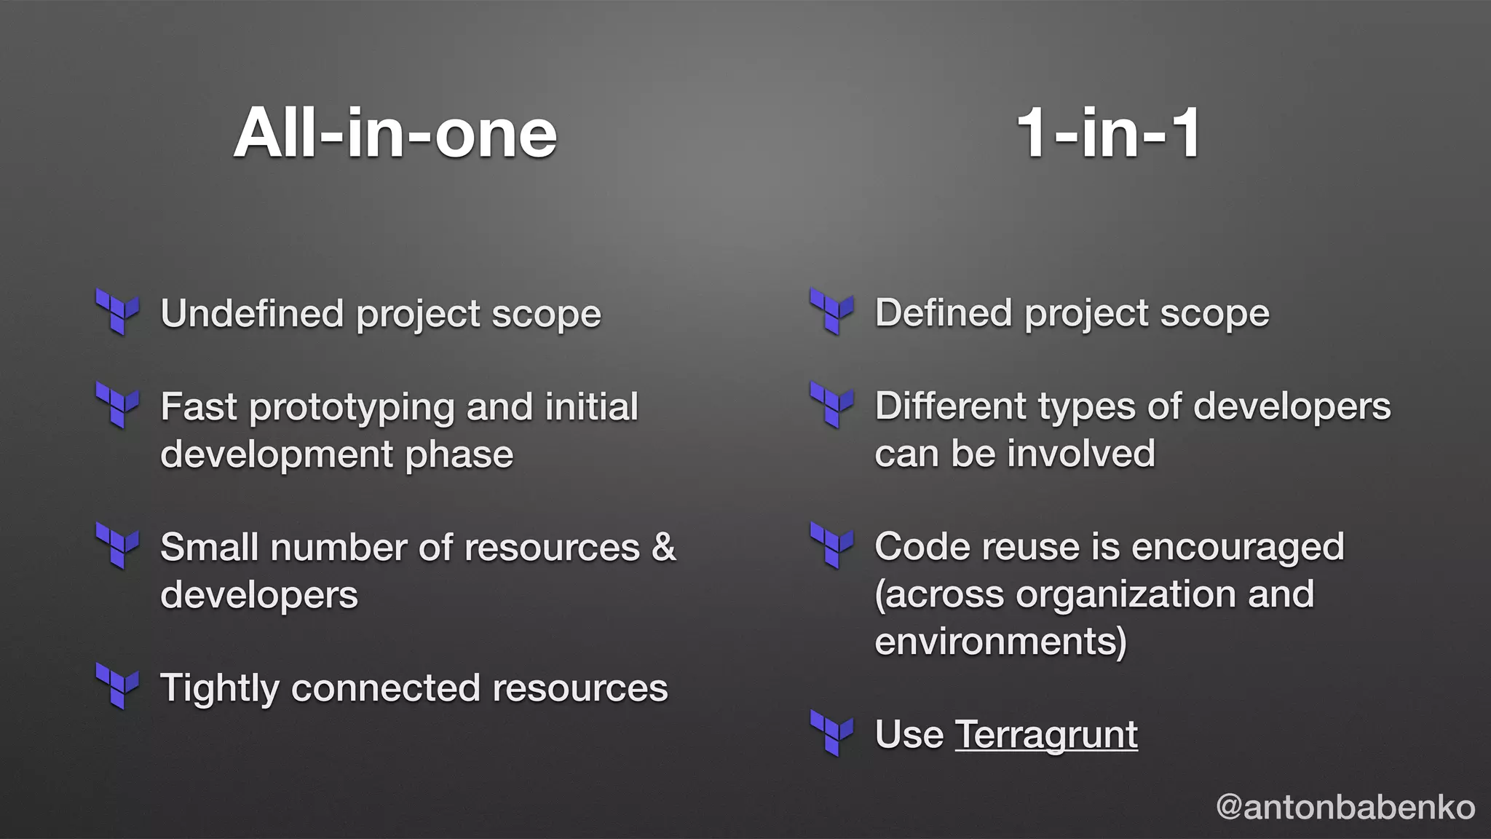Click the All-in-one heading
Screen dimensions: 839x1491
[395, 133]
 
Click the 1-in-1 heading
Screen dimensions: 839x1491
[1108, 133]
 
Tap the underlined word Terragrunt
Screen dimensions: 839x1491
[1045, 734]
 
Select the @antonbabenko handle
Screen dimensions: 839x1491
[1345, 807]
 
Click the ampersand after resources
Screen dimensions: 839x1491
[663, 547]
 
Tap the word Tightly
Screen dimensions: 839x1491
[219, 689]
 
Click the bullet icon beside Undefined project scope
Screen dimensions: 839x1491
[117, 312]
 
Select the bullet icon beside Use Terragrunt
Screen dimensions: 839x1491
[831, 733]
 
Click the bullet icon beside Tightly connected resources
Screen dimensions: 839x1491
[117, 685]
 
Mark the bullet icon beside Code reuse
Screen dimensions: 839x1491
[831, 545]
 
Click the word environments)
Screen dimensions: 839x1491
[1000, 642]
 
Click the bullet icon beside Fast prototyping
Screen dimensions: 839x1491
[117, 405]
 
